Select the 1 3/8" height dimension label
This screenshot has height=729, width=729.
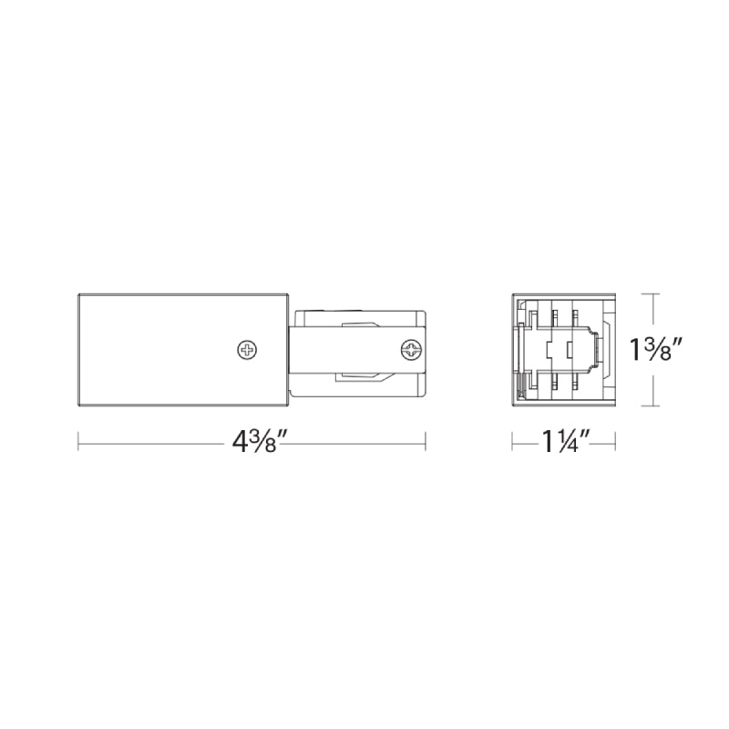[654, 350]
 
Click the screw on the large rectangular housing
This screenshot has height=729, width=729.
[247, 350]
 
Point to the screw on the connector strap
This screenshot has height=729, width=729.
[411, 350]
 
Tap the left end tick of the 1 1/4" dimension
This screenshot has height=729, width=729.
[512, 441]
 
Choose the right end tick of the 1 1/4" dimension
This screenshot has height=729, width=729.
[616, 441]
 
